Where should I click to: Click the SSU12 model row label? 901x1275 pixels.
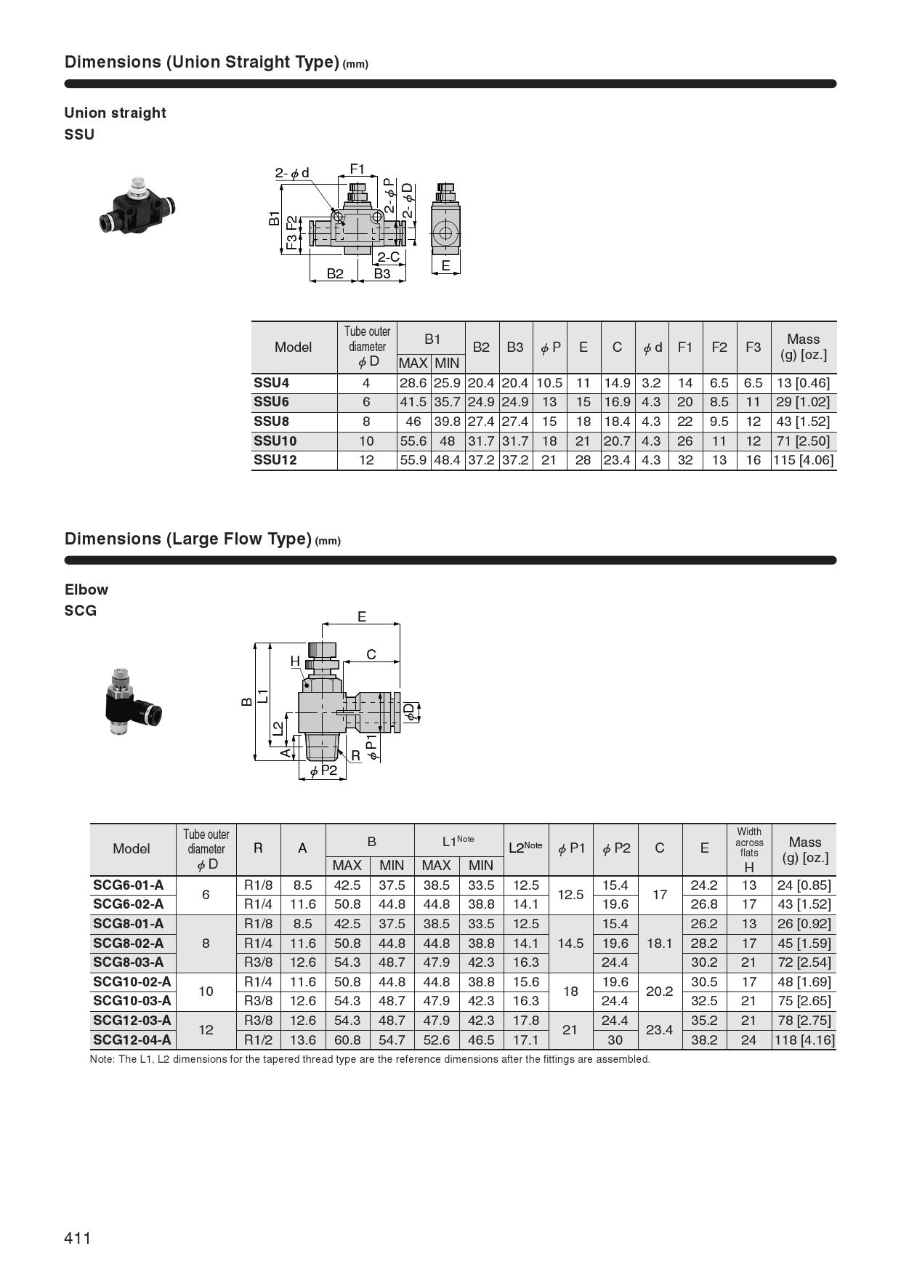[275, 460]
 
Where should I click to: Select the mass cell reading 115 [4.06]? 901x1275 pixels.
[803, 460]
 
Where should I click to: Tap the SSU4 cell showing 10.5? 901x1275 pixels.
[549, 383]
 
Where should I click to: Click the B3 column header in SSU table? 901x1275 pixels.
[515, 347]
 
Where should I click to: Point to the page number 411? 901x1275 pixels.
[78, 1238]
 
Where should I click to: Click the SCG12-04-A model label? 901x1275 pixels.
[132, 1040]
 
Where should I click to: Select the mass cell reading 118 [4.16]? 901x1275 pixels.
[804, 1040]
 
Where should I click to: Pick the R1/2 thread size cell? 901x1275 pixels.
[258, 1040]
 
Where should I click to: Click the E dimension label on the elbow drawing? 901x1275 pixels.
[362, 617]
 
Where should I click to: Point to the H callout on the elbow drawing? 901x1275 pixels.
[295, 661]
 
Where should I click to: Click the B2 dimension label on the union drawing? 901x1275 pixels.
[334, 274]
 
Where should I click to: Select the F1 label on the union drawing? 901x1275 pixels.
[357, 169]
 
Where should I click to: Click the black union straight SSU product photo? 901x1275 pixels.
[137, 205]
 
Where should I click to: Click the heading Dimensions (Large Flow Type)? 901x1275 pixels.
[187, 539]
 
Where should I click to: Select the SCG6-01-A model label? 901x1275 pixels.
[129, 885]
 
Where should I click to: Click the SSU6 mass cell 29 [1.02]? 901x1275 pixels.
[803, 402]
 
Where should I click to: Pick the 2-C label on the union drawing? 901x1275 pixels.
[388, 257]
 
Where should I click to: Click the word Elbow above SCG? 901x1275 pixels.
[86, 590]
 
